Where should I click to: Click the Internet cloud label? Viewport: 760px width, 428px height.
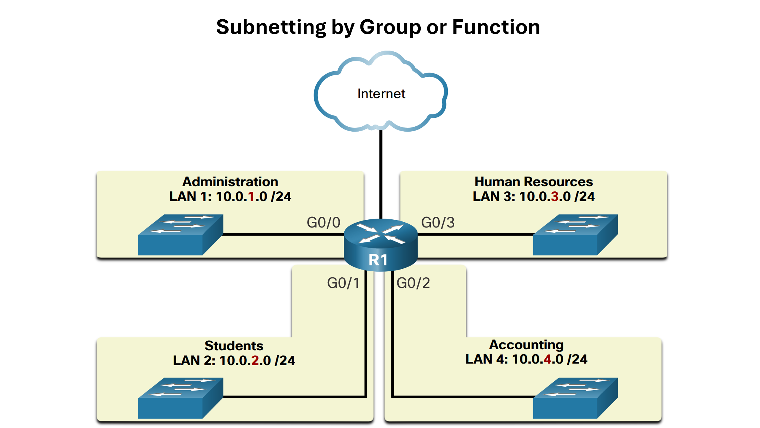381,94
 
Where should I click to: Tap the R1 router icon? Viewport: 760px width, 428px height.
380,244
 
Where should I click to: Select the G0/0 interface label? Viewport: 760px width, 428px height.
323,223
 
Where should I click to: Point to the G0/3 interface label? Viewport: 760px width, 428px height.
438,223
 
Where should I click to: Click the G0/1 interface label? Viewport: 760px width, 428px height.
343,283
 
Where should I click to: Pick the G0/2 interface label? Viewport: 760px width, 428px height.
413,283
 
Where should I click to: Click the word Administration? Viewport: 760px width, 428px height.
230,182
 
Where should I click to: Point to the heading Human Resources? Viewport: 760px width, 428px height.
533,182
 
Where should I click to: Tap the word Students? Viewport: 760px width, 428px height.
234,346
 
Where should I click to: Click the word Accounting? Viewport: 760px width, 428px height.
526,344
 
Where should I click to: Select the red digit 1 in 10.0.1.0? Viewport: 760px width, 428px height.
251,196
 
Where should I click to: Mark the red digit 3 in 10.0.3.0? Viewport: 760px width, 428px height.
555,196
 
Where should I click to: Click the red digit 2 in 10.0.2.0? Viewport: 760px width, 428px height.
255,361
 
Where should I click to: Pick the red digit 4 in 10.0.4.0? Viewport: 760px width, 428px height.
547,359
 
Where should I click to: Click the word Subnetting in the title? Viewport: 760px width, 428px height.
271,27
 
